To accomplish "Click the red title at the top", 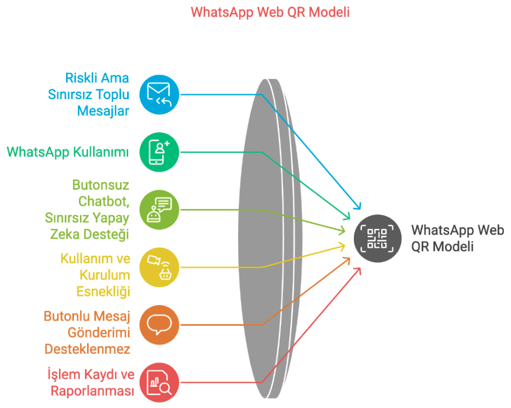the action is click(270, 12).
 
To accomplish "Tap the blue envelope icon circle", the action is click(159, 95).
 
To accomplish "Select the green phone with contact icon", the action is click(159, 152).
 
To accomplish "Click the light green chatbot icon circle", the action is click(159, 209).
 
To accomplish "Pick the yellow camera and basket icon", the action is click(159, 267).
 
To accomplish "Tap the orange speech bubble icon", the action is click(159, 325).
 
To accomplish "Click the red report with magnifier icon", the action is click(159, 382).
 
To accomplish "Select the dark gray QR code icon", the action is click(377, 238).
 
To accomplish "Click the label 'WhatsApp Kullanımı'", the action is click(68, 152).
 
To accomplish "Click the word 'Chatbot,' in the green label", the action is click(104, 201).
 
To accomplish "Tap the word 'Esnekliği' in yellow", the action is click(104, 292).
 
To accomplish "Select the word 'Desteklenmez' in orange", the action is click(87, 349).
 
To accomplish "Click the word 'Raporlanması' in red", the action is click(93, 390).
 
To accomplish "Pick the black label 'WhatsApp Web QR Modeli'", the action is click(457, 238).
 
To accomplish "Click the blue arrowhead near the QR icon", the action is click(358, 206).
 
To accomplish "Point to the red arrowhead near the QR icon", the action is click(358, 271).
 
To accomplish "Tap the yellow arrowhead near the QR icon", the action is click(342, 246).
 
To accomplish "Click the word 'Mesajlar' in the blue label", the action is click(103, 111).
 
